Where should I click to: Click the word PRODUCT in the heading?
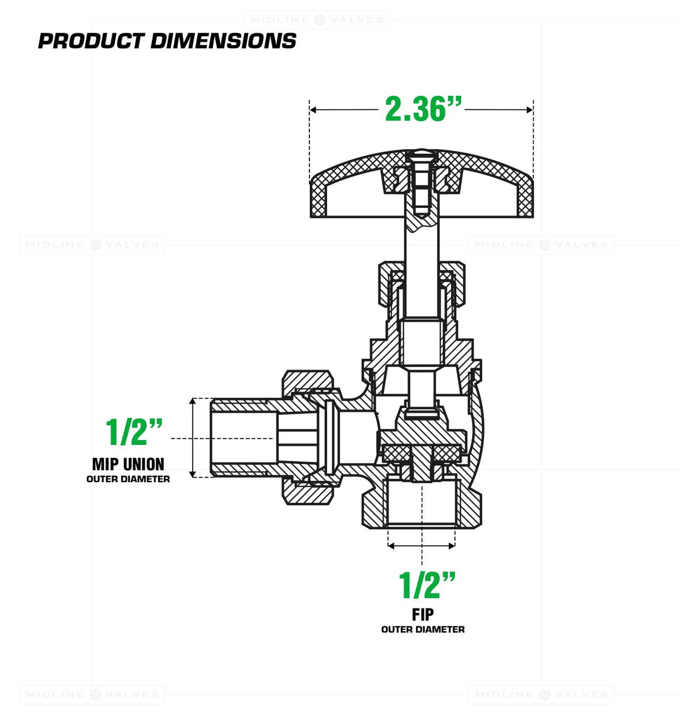[91, 41]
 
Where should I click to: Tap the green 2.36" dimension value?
[423, 109]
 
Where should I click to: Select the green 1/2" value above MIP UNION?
[134, 432]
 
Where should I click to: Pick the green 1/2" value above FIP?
[427, 585]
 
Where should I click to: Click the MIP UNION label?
[128, 465]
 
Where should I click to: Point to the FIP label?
[423, 615]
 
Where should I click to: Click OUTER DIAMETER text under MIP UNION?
[128, 479]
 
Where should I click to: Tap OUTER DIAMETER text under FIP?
[423, 629]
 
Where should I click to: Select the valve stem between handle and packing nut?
[422, 244]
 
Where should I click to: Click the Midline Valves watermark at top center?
[317, 20]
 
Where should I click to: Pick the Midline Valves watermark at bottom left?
[92, 695]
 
